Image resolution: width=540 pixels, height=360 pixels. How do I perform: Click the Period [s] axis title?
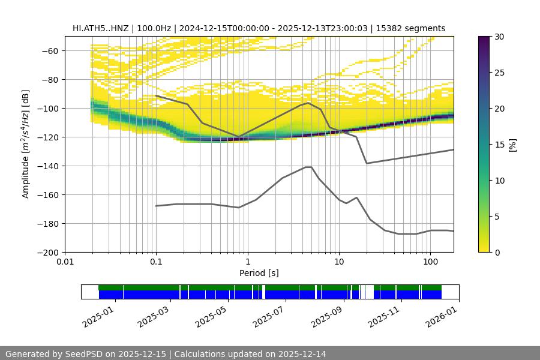click(259, 273)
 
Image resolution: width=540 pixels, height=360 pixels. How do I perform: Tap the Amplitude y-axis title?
click(25, 144)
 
